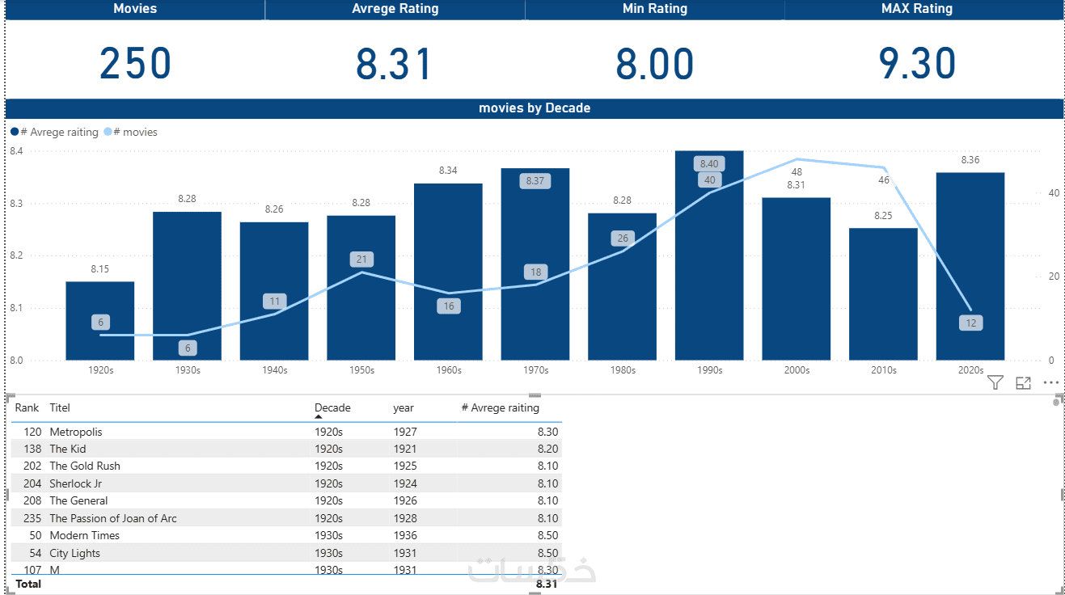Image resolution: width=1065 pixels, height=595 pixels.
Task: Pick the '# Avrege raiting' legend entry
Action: coord(58,132)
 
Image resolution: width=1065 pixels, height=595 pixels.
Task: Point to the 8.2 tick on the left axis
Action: coord(16,255)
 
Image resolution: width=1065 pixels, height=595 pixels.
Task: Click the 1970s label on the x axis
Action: coord(535,370)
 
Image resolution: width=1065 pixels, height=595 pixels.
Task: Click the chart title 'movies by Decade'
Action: coord(534,108)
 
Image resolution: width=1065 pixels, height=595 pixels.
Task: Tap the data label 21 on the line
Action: coord(361,260)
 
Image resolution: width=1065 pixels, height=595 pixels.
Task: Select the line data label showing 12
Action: coord(970,323)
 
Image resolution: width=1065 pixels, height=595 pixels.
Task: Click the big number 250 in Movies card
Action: coord(135,64)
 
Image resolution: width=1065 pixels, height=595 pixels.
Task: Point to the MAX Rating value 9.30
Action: coord(917,64)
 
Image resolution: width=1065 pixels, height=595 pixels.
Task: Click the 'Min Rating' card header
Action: coord(654,9)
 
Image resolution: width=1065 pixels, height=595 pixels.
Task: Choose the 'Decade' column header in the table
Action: coord(332,408)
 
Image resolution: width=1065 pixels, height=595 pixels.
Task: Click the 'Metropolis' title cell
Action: coord(76,432)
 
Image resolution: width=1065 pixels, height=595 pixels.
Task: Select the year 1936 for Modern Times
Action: coord(405,535)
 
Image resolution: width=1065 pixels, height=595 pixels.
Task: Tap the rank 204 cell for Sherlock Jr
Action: coord(32,483)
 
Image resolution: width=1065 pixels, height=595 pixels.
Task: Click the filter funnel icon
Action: coord(995,383)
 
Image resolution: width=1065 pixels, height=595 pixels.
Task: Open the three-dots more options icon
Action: coord(1050,383)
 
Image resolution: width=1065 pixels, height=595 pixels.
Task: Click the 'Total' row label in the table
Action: coord(28,584)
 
